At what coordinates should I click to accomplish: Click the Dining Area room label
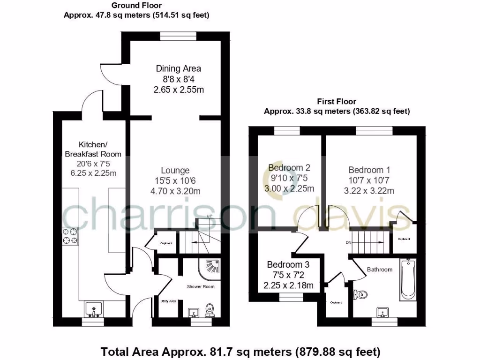[x=179, y=68]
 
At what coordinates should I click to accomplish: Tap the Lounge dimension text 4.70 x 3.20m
[x=175, y=191]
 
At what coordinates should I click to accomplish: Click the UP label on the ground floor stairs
[x=210, y=216]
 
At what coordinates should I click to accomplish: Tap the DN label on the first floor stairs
[x=348, y=243]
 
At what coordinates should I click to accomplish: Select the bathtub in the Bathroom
[x=408, y=279]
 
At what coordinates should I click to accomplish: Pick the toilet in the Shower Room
[x=210, y=309]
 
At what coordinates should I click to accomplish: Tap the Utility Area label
[x=168, y=301]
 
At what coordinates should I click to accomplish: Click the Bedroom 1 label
[x=369, y=170]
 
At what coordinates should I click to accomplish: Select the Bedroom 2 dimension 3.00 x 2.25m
[x=289, y=188]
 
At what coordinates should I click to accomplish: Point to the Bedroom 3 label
[x=288, y=264]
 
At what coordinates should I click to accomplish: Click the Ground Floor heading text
[x=136, y=6]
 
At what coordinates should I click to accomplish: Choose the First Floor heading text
[x=337, y=101]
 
